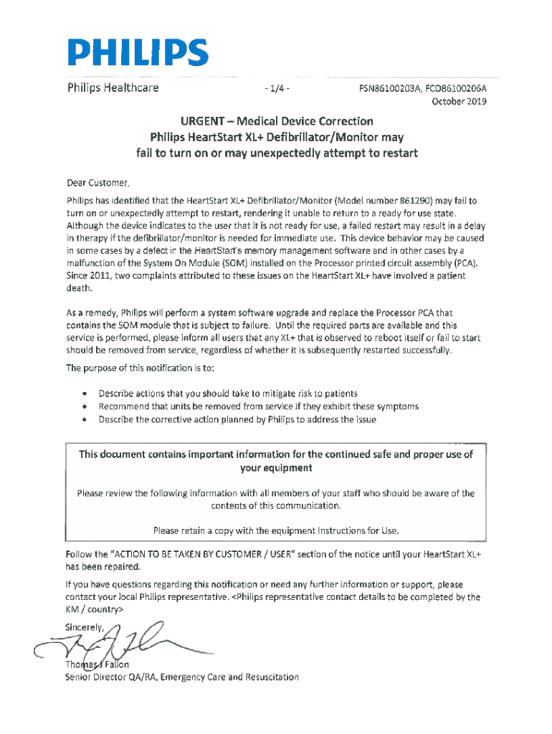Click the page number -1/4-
(x=277, y=89)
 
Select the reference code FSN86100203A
(x=391, y=90)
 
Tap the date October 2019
(x=459, y=102)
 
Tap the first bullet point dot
(x=85, y=394)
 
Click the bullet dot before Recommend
(x=85, y=406)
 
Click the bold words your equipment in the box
(x=276, y=468)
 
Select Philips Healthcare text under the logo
(x=113, y=89)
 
